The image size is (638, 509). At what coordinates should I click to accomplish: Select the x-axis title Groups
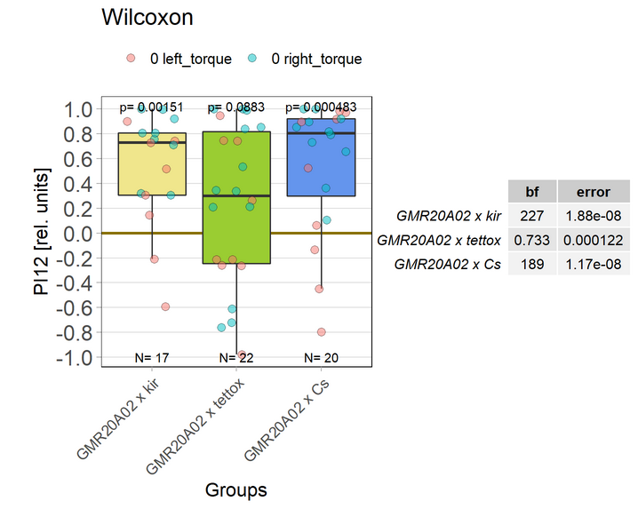point(235,489)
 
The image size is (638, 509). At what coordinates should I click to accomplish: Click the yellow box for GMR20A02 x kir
point(152,164)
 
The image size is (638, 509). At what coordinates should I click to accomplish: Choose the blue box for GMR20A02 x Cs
point(321,157)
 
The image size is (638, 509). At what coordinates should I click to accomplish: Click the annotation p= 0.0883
point(236,107)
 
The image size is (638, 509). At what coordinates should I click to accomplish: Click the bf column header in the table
point(532,191)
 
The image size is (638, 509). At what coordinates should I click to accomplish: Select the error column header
point(593,191)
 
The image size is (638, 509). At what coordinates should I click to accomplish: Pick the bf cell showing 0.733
point(532,240)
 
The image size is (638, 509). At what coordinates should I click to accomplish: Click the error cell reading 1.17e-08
point(593,264)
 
